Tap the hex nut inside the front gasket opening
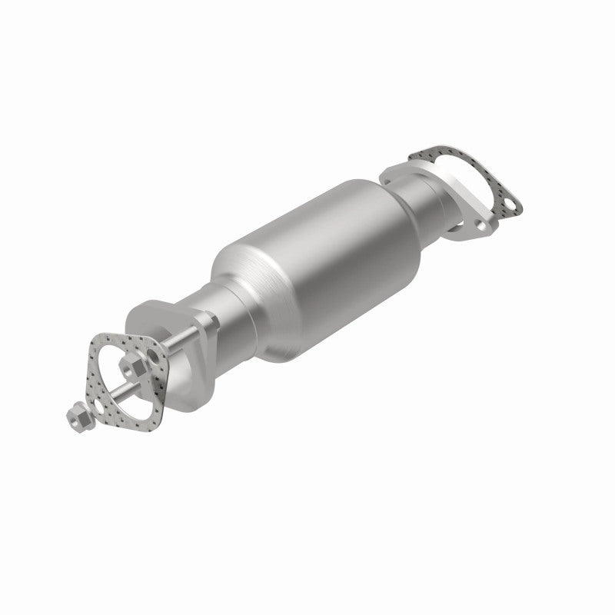131,365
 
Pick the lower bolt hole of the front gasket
98,405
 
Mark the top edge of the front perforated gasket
123,339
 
